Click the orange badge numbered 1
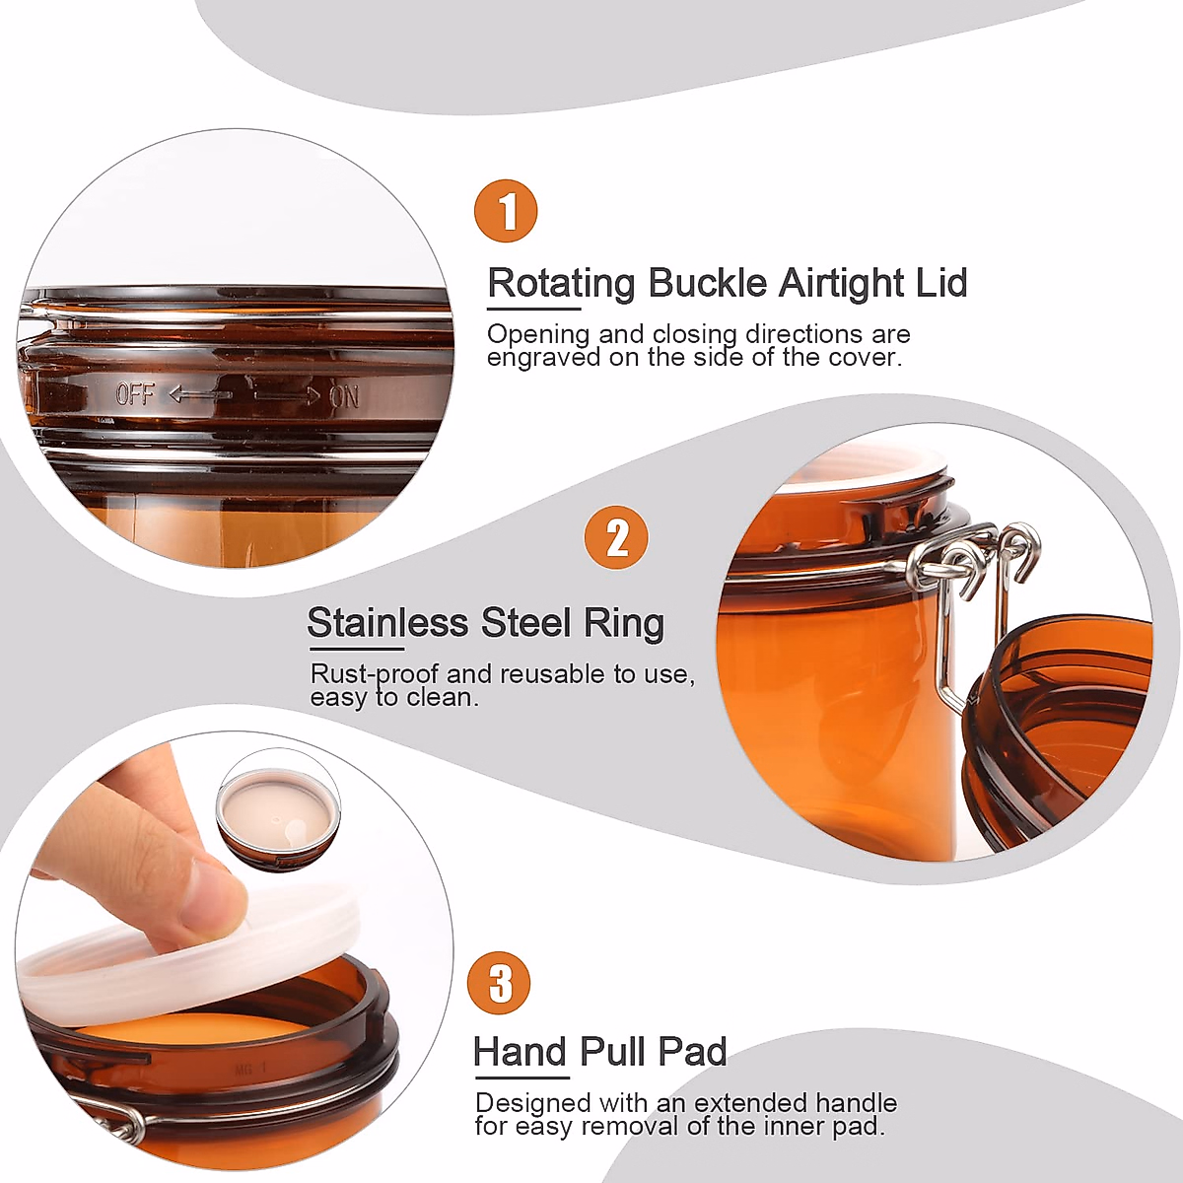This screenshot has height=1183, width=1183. (506, 211)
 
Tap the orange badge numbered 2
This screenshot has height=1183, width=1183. (616, 537)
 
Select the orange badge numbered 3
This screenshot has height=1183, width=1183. (499, 983)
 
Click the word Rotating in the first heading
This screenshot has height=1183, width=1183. (562, 283)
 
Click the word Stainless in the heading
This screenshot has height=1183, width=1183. (387, 623)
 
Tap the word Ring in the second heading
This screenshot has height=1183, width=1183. (624, 623)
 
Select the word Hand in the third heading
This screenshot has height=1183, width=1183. (521, 1052)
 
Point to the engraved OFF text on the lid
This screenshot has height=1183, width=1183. (135, 394)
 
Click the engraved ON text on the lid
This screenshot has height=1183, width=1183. (344, 396)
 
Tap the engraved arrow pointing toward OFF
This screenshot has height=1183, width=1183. (199, 395)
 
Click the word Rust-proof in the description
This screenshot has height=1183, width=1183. (375, 674)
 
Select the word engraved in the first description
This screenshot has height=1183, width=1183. (544, 357)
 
